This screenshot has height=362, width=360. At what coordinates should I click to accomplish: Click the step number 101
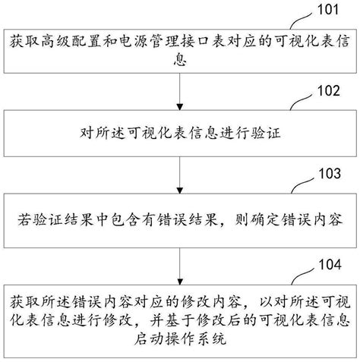tap(328, 9)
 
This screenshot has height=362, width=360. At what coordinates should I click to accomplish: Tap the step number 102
tap(329, 90)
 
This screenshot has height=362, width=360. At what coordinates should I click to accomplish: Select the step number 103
tap(330, 174)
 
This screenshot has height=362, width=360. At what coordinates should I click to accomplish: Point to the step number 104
tap(330, 264)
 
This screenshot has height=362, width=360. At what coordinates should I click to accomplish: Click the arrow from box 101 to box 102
tap(180, 92)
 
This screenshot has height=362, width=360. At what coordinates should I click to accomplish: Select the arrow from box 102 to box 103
tap(180, 175)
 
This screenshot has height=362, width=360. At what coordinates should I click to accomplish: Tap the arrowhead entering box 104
tap(180, 282)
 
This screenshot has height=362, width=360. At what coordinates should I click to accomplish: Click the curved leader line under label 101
tap(301, 20)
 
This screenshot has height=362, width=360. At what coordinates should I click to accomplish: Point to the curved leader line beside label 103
tap(302, 184)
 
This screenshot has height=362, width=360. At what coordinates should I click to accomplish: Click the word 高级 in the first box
tap(56, 41)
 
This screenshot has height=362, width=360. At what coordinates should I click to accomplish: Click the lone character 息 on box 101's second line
tap(180, 60)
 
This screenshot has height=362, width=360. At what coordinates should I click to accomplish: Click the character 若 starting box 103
tap(25, 219)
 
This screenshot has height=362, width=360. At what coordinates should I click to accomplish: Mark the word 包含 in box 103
tap(125, 219)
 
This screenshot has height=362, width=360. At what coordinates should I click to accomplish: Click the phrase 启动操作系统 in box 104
tap(180, 339)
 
